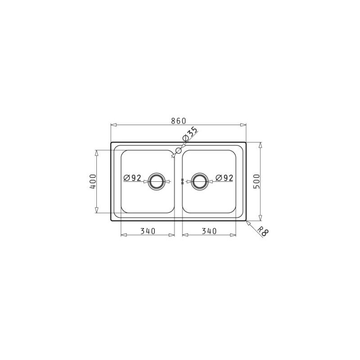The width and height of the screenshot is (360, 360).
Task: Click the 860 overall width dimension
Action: [178, 121]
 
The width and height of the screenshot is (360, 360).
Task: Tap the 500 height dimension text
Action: [257, 181]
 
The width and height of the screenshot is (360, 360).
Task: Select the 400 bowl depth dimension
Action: [92, 181]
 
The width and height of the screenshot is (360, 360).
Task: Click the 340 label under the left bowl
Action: [148, 231]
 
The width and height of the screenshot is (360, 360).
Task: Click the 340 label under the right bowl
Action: [209, 231]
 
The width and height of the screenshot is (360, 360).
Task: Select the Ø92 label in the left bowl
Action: [133, 178]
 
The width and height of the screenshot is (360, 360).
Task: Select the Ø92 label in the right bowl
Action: [224, 178]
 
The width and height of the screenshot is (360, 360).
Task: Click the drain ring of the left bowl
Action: [157, 181]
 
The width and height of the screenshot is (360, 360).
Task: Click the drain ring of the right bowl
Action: [200, 181]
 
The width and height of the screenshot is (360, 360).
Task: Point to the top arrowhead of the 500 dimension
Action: [261, 145]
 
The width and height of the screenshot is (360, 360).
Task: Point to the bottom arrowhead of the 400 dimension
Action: [96, 210]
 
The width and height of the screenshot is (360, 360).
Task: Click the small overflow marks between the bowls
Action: [182, 181]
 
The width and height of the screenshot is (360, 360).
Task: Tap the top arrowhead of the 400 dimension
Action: [96, 152]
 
